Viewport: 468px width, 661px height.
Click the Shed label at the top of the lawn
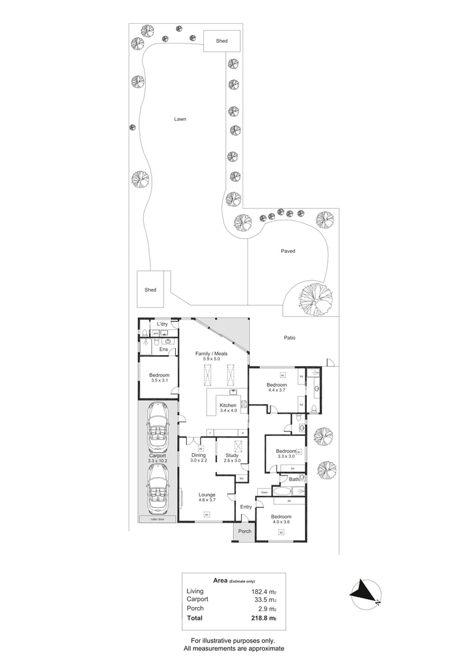coord(221,41)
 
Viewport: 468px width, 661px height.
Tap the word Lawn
coord(179,119)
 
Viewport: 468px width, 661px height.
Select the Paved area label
coord(288,251)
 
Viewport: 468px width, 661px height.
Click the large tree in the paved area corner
coord(315,298)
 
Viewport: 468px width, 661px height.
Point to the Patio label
coord(290,337)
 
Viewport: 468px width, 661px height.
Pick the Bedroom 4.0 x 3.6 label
coord(281,519)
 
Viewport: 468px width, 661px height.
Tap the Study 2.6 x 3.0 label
coord(232,458)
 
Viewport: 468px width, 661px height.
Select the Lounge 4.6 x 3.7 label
coord(206,497)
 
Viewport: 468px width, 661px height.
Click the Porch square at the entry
coord(244,531)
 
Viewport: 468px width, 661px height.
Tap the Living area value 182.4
coord(260,591)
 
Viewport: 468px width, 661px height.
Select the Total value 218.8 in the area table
coord(260,619)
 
